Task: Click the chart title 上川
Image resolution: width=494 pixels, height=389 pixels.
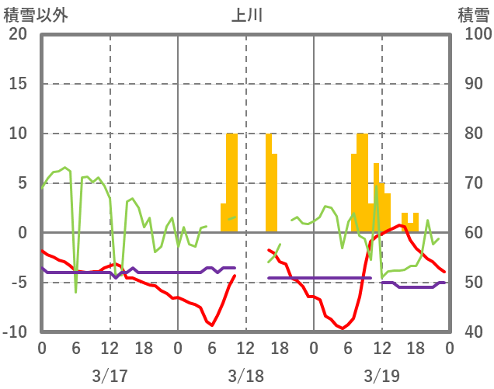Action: click(x=246, y=15)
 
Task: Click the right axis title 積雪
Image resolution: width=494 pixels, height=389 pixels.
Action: click(x=472, y=15)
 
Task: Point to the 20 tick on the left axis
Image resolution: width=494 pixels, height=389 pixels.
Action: click(x=18, y=34)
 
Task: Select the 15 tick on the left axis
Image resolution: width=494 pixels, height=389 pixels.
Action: click(x=18, y=84)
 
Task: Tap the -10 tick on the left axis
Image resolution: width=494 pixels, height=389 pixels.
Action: click(x=15, y=332)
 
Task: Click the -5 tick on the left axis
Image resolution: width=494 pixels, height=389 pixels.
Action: click(x=18, y=283)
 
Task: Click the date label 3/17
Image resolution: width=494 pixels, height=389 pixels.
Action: click(x=110, y=376)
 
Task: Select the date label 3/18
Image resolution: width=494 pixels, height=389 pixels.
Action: click(x=245, y=376)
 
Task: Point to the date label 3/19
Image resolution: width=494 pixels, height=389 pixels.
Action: click(x=381, y=376)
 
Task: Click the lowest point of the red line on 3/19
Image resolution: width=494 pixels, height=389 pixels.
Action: click(x=343, y=329)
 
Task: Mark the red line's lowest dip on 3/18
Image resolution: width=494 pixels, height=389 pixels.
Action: click(x=212, y=325)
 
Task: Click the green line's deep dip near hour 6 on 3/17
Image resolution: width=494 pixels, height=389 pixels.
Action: click(x=75, y=292)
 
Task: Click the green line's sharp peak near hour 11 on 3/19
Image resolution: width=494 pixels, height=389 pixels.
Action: click(x=377, y=186)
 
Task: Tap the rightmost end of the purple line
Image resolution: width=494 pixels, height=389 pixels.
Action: click(x=444, y=283)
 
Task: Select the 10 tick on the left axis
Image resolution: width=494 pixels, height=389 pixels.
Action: click(x=18, y=134)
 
